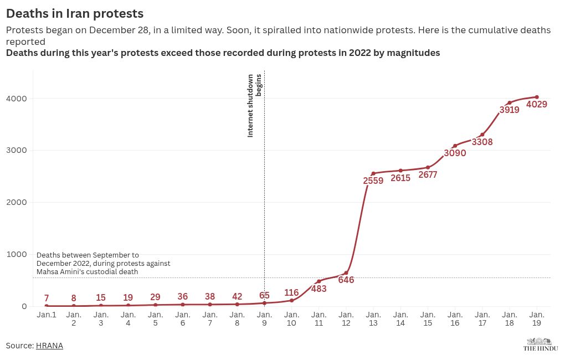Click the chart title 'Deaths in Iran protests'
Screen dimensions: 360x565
click(x=75, y=13)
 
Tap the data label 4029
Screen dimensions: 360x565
click(x=537, y=104)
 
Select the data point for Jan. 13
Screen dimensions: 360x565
click(x=373, y=173)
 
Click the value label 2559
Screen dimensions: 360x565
click(x=373, y=181)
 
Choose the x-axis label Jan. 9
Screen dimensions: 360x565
click(x=264, y=318)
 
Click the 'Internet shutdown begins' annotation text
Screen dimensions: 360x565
click(x=254, y=105)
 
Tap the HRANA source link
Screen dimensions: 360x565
click(x=49, y=346)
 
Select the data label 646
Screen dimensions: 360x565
click(x=346, y=280)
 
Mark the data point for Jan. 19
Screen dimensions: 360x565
click(x=537, y=97)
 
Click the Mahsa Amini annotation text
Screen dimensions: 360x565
click(x=103, y=263)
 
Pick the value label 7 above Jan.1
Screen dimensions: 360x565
click(x=47, y=299)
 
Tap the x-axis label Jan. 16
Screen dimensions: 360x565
click(x=455, y=318)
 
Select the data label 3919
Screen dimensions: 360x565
click(x=509, y=110)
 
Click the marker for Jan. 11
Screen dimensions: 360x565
click(x=319, y=281)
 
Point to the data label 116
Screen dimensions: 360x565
click(x=291, y=293)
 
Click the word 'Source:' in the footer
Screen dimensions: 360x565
click(x=20, y=346)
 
